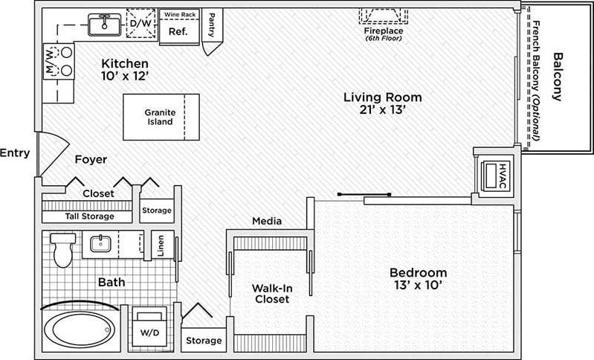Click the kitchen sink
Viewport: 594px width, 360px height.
pos(104,25)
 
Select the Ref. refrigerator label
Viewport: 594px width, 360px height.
pos(177,32)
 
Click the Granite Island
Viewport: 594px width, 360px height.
pos(161,116)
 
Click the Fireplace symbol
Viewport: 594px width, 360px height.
pos(384,16)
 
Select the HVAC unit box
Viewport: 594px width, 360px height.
pos(491,176)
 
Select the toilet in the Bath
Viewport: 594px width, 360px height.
pos(63,248)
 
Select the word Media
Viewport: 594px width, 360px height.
pos(265,221)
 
